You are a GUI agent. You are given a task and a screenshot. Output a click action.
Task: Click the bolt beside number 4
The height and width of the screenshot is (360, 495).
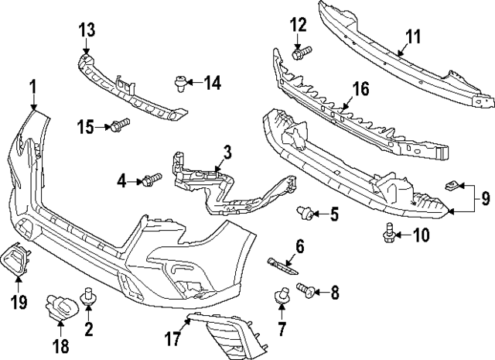150,180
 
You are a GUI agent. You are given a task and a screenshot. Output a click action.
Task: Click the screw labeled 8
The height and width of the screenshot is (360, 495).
306,291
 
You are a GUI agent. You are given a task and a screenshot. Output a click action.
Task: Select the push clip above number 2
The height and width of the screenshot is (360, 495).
88,295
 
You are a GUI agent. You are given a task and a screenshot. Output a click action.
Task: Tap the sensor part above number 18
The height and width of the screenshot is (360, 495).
60,306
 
